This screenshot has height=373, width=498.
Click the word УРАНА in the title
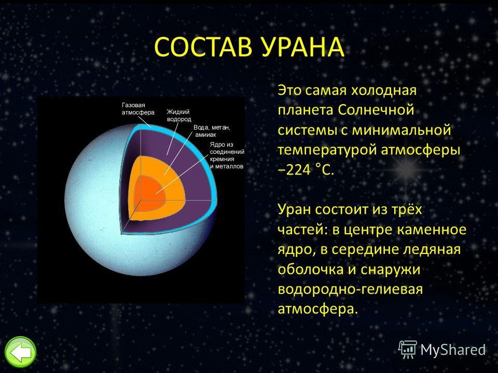303,47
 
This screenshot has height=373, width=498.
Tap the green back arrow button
21,352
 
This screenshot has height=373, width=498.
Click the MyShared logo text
453,350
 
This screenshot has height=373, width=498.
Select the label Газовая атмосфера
138,109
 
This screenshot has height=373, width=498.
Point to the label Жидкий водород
179,116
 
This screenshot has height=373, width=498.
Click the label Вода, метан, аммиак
212,131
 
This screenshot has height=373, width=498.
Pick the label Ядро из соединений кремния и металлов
227,155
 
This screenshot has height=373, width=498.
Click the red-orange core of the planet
150,192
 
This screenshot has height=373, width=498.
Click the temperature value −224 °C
306,170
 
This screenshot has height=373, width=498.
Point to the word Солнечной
376,110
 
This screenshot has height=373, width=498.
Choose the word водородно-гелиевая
350,289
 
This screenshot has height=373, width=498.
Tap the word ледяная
432,250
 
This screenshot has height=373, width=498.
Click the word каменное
432,229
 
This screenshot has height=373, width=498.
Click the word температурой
327,150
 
